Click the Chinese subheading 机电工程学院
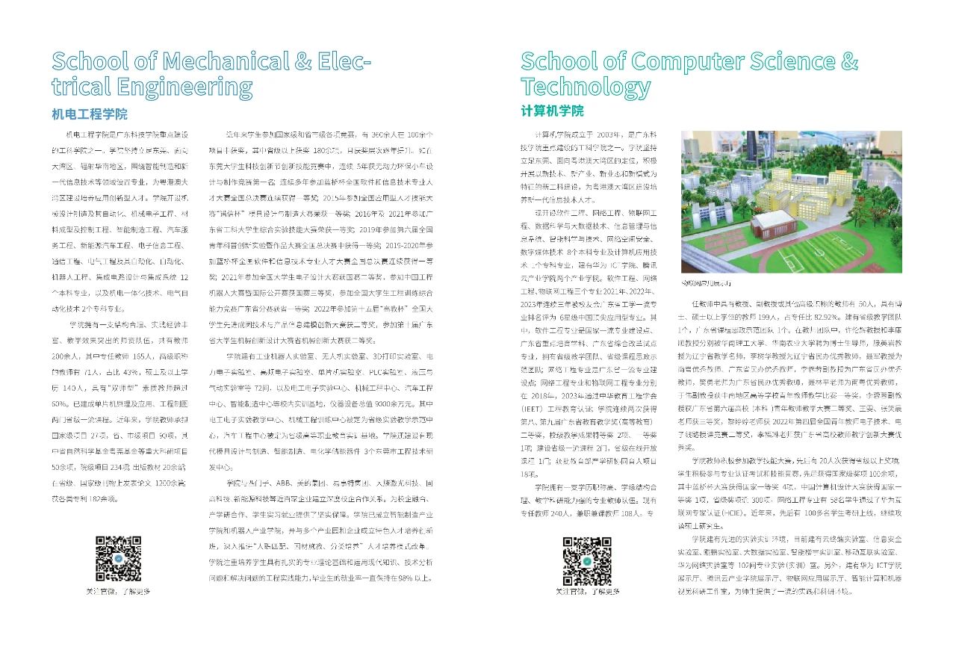tap(90, 114)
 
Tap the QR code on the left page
tap(118, 558)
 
